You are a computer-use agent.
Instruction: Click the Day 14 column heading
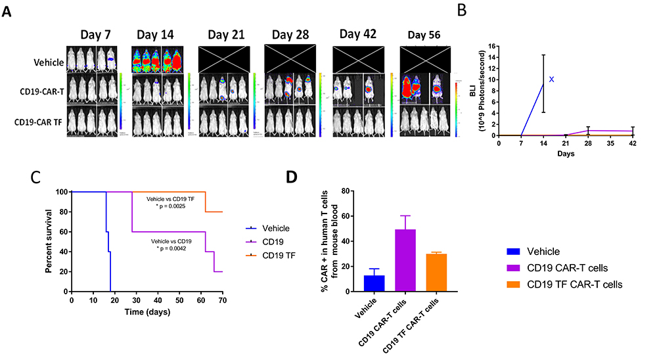coord(158,32)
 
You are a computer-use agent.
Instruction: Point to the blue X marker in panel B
coord(552,79)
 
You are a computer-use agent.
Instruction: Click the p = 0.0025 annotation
coord(168,204)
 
